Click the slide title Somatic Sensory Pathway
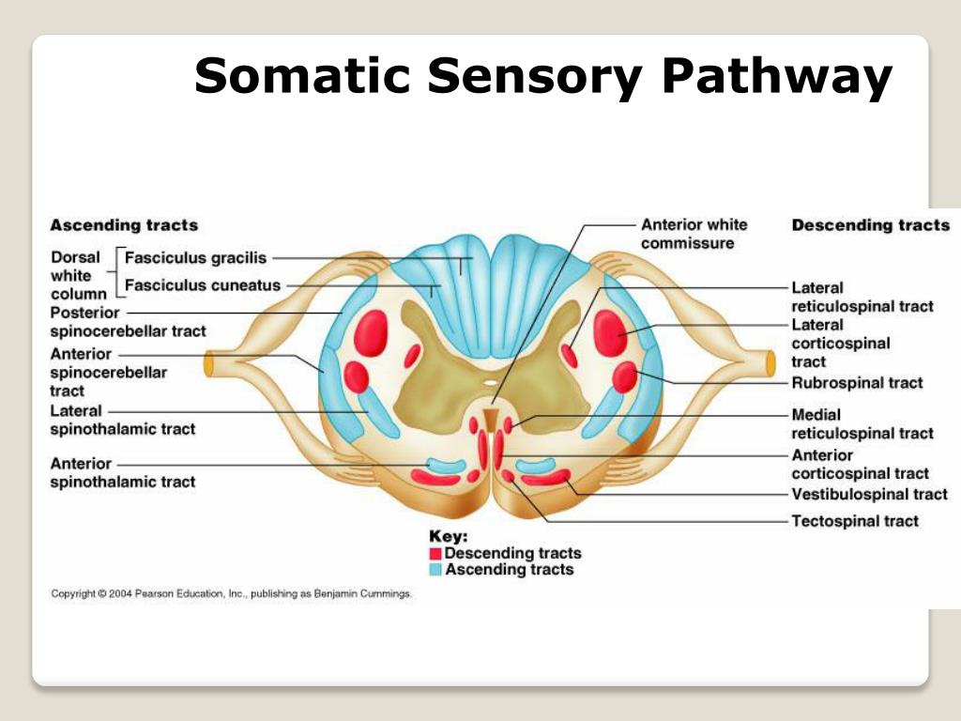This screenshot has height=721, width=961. click(542, 76)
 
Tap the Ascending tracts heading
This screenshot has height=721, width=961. click(124, 225)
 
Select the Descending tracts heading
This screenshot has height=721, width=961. click(870, 225)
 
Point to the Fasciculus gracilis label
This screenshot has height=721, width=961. click(196, 257)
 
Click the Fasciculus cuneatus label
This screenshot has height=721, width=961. click(203, 285)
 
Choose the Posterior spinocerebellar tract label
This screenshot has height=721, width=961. click(128, 322)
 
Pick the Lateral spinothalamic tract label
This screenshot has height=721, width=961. click(122, 420)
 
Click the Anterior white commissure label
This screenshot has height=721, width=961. click(694, 234)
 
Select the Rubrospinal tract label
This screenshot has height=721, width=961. click(857, 383)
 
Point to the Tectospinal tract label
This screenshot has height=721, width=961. click(855, 521)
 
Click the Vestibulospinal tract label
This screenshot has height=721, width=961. click(869, 495)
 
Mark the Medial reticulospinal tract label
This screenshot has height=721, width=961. click(862, 423)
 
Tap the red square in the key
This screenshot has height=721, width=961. click(435, 554)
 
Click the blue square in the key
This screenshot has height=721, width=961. click(435, 570)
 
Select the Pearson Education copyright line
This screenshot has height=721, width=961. click(231, 594)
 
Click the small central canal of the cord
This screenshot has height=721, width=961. click(491, 383)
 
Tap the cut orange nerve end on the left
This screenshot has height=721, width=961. click(211, 363)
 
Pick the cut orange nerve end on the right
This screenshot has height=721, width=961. click(770, 362)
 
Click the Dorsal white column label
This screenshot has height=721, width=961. click(79, 276)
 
